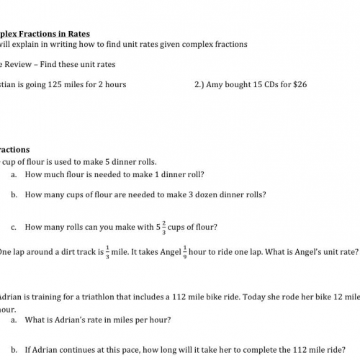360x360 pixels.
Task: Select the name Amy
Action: pyautogui.click(x=218, y=84)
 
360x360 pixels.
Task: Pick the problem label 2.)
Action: pyautogui.click(x=201, y=84)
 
